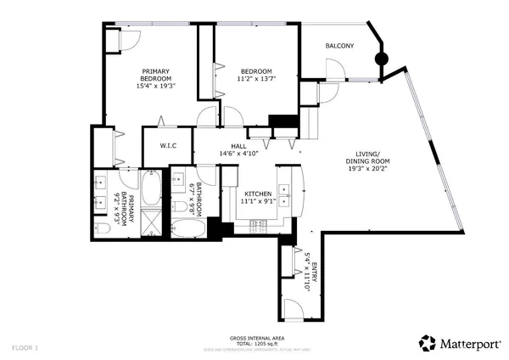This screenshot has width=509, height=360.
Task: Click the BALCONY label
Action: (339, 46)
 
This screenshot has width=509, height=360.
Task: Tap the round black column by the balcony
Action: (382, 59)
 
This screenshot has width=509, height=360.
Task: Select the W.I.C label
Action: (168, 145)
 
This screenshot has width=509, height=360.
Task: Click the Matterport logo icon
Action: (428, 343)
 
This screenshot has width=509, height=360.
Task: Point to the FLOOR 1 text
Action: (25, 347)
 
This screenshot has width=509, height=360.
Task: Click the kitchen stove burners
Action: (260, 224)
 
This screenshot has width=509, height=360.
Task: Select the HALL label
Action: (238, 145)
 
